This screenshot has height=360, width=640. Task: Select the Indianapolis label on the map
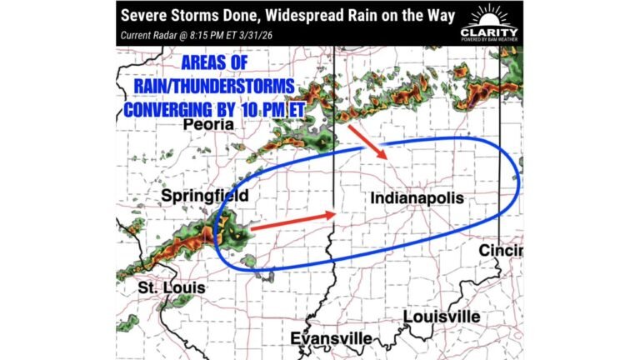point(414,199)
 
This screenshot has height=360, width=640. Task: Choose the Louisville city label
point(441,317)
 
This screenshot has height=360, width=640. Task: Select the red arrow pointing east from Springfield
point(292,221)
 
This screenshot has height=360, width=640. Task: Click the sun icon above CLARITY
point(488,17)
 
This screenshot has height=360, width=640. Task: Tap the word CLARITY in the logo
point(488,32)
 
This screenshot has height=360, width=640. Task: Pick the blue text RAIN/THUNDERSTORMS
point(207,87)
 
